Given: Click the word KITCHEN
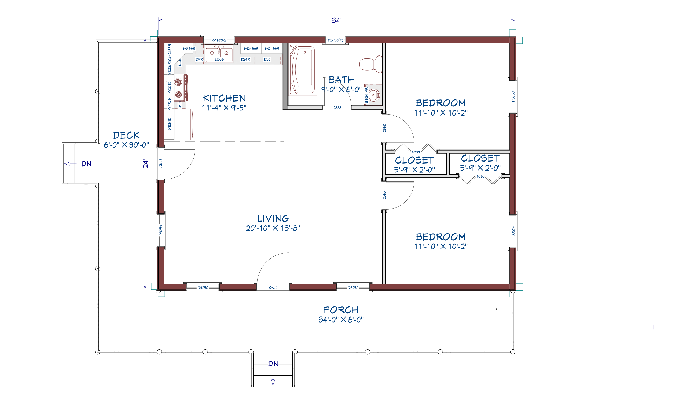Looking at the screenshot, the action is click(x=224, y=98).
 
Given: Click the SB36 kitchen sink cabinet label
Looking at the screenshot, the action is click(x=219, y=59).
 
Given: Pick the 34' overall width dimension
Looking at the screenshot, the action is click(x=337, y=21).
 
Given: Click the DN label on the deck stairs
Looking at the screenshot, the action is click(x=86, y=164).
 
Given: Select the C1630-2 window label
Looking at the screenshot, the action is click(x=219, y=40).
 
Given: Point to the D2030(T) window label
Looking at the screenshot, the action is click(x=335, y=40).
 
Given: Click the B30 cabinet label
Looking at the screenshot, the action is click(x=267, y=59).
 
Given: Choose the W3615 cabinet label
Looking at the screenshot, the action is click(x=169, y=124).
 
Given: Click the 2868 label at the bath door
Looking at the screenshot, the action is click(x=337, y=108).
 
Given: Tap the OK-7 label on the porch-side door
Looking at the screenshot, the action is click(x=273, y=288).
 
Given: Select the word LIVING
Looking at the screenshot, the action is click(x=273, y=219).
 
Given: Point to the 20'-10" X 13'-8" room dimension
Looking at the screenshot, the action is click(x=273, y=228).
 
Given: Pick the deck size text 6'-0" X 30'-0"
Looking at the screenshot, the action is click(x=126, y=145).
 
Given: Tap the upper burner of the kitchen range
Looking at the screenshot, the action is click(x=178, y=81).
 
